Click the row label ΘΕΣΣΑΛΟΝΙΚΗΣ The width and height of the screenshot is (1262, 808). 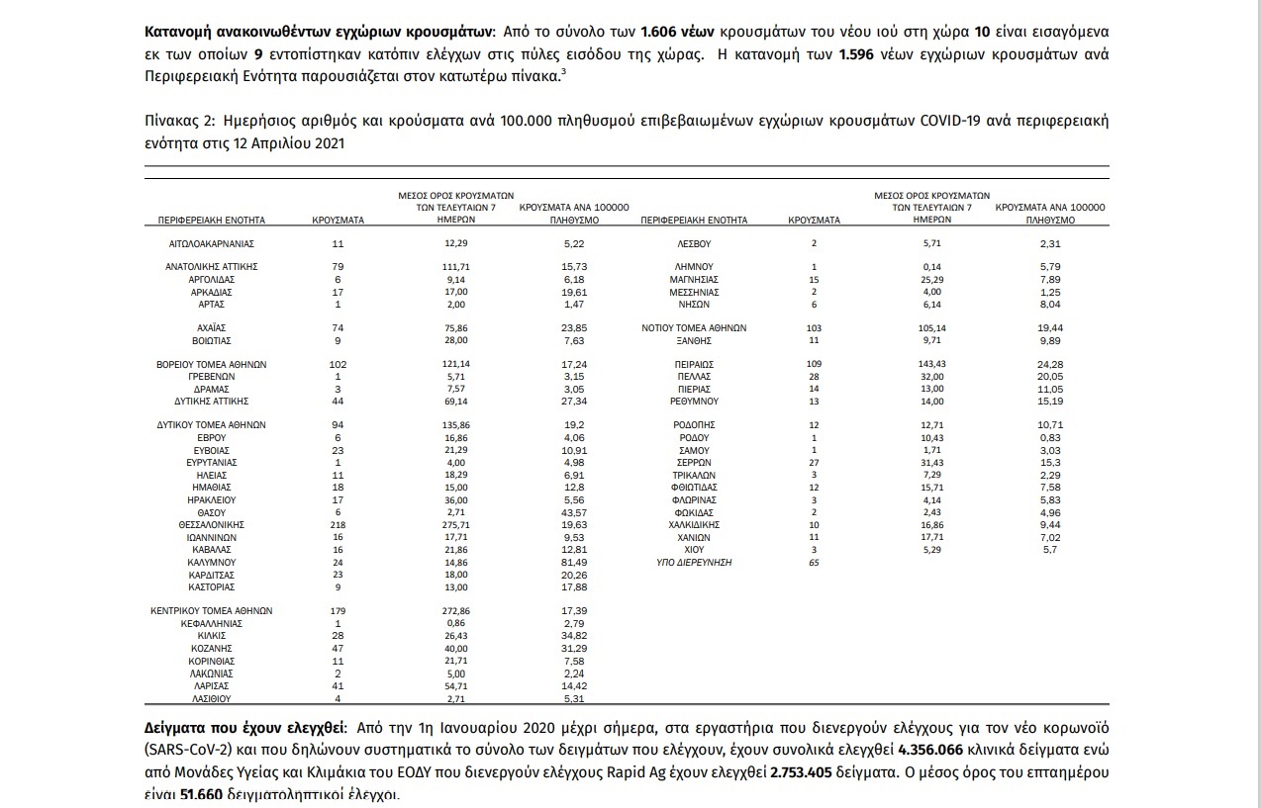pyautogui.click(x=212, y=524)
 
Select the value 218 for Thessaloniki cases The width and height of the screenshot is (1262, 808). pyautogui.click(x=338, y=524)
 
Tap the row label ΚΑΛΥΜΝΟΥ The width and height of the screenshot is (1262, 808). pyautogui.click(x=212, y=562)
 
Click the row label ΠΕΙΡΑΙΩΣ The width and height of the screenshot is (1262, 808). pyautogui.click(x=694, y=364)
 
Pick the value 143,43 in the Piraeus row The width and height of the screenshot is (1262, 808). pyautogui.click(x=932, y=364)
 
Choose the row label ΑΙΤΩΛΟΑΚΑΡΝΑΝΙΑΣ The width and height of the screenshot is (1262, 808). pyautogui.click(x=212, y=242)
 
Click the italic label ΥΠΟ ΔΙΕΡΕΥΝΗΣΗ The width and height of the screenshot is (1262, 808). pyautogui.click(x=694, y=562)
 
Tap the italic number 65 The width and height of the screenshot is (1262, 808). pyautogui.click(x=814, y=562)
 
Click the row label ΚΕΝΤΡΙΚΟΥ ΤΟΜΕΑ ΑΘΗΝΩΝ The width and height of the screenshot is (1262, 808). pyautogui.click(x=212, y=611)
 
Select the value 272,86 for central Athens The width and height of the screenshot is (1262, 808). pyautogui.click(x=455, y=611)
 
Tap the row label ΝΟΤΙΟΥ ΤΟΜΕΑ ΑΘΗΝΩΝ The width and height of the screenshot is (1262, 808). pyautogui.click(x=694, y=327)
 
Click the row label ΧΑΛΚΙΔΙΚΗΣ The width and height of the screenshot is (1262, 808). pyautogui.click(x=694, y=524)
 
